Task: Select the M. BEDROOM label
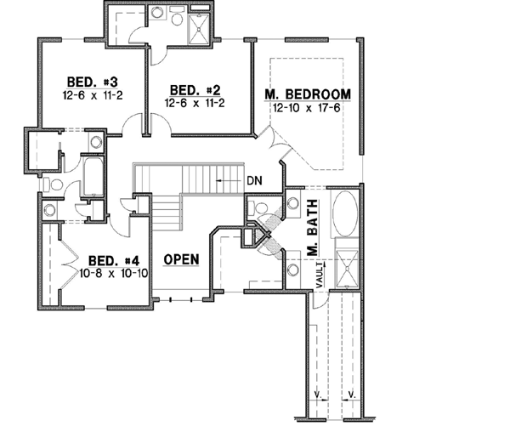click(x=308, y=94)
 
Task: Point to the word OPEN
click(x=182, y=258)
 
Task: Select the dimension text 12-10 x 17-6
click(x=307, y=108)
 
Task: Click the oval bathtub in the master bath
click(x=344, y=217)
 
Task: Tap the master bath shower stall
click(x=348, y=264)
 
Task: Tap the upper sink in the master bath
click(x=292, y=204)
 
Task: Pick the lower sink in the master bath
click(x=292, y=270)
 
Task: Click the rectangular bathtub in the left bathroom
click(x=91, y=176)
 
